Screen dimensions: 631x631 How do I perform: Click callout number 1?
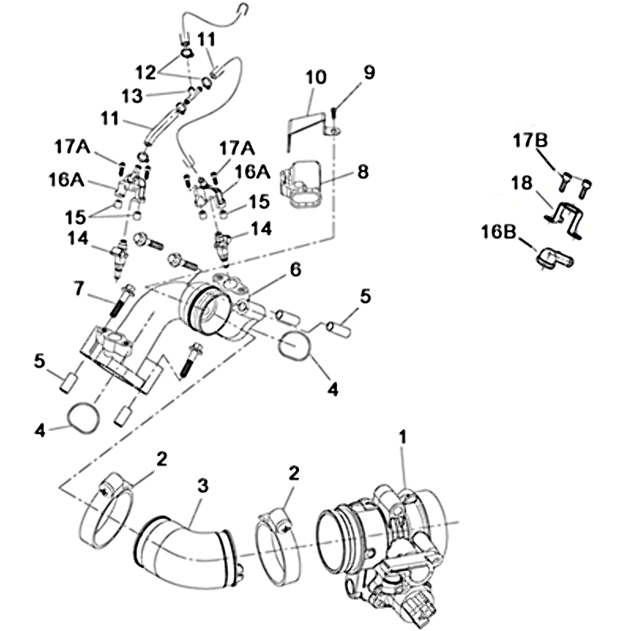(404, 435)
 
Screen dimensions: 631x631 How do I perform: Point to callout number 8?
(363, 171)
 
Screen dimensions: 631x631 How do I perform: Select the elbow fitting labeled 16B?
(554, 256)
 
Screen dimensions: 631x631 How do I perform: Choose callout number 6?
(295, 269)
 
